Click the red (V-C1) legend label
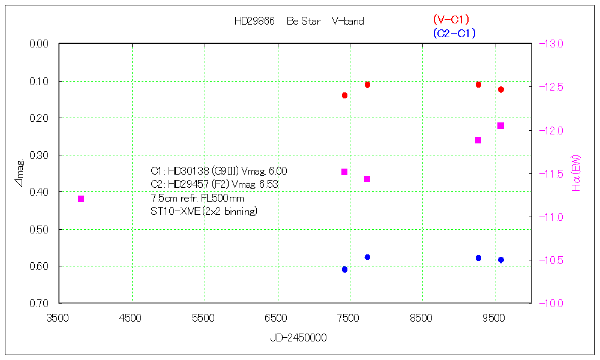click(x=451, y=20)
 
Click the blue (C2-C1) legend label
click(x=454, y=34)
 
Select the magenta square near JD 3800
click(x=81, y=199)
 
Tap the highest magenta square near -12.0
click(x=500, y=125)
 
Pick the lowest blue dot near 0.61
click(x=344, y=269)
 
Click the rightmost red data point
click(x=500, y=89)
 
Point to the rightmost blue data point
click(x=500, y=260)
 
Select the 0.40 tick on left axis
click(x=40, y=192)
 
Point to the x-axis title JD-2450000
click(x=298, y=338)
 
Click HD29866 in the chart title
click(x=254, y=22)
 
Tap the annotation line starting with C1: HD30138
click(x=218, y=172)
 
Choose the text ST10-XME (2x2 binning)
click(x=204, y=211)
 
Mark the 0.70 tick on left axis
click(x=40, y=304)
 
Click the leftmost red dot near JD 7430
click(x=344, y=95)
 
